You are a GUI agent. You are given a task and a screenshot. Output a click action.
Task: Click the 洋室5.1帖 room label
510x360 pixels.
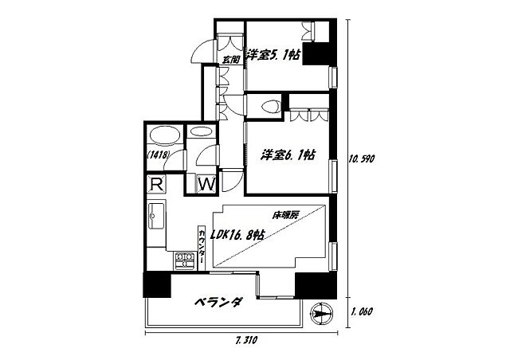coord(273,55)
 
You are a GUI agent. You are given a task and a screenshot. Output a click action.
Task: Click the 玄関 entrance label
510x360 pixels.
coord(230,57)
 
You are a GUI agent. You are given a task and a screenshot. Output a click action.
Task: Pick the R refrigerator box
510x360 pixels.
coord(157,185)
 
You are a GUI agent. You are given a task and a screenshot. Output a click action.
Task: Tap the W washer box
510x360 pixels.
coord(206,184)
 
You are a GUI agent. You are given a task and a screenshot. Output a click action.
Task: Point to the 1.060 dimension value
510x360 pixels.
coord(362,312)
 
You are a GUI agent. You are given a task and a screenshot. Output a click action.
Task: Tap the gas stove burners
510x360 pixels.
coord(185,258)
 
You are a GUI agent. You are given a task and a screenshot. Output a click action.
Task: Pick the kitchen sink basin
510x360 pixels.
coord(156,215)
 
